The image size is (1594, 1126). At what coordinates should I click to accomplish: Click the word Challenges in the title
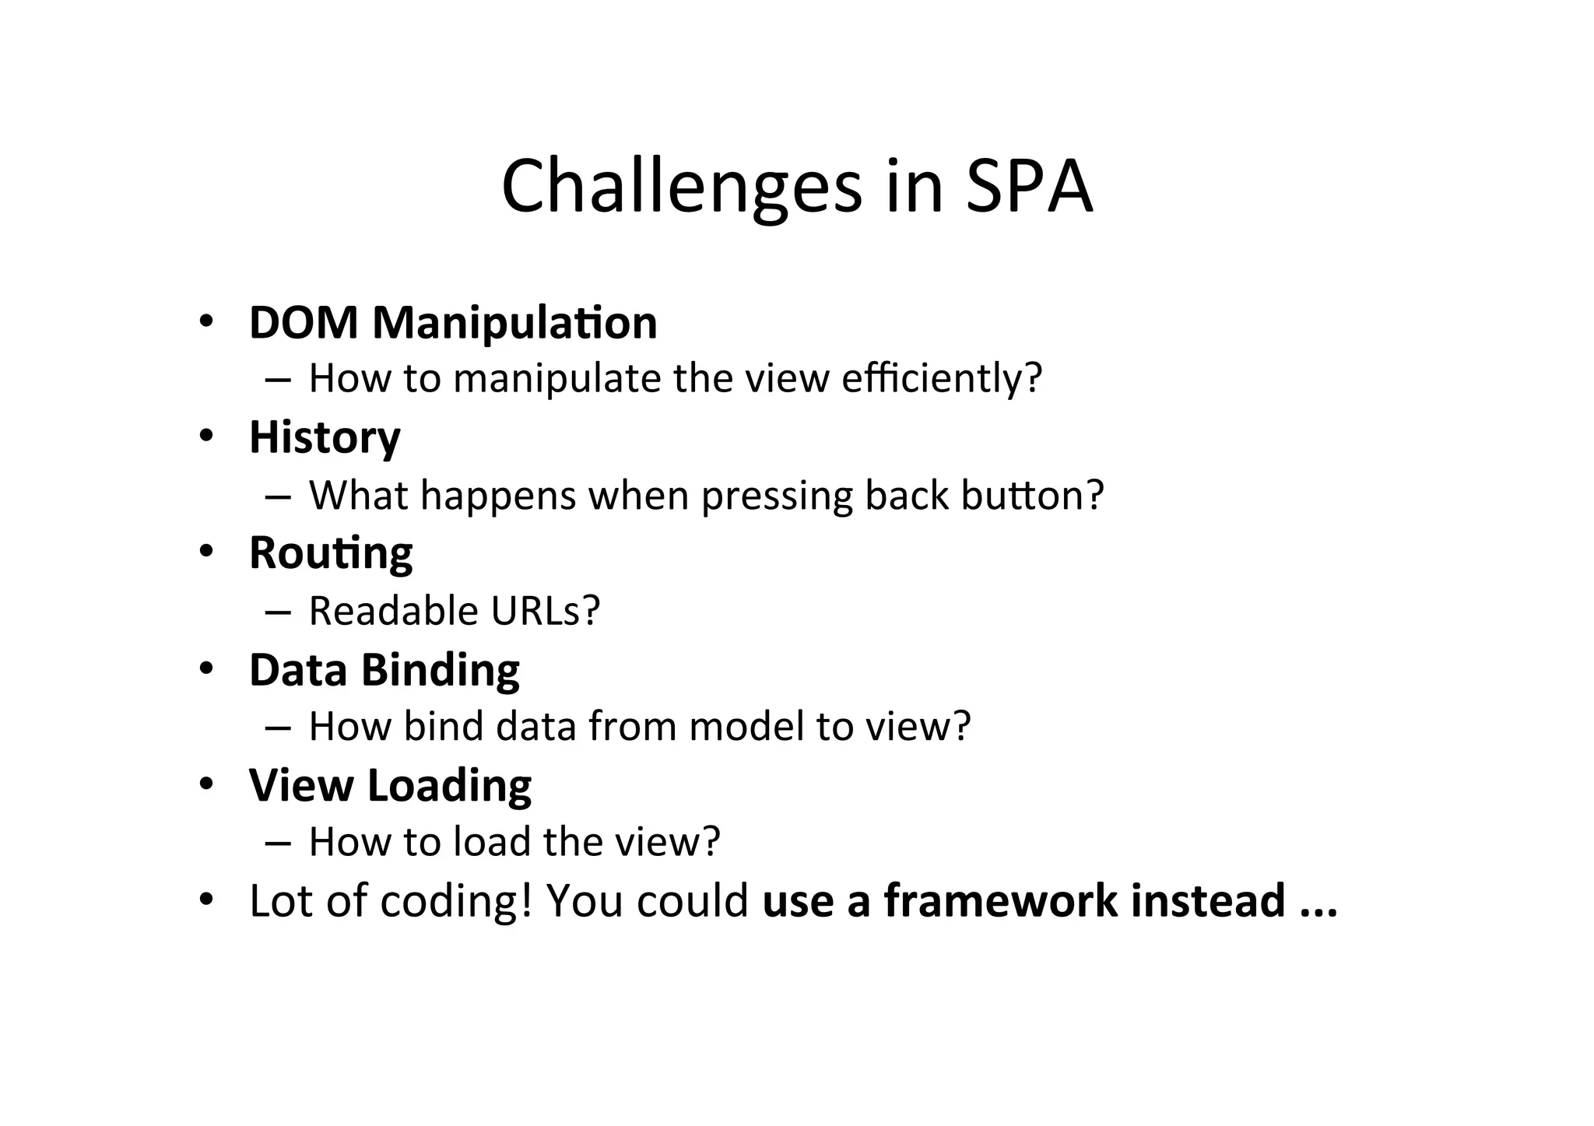[x=682, y=187]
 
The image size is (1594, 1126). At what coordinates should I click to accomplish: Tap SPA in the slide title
[x=1029, y=187]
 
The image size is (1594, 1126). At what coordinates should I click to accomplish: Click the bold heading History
[x=325, y=437]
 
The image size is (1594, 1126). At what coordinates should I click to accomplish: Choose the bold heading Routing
[x=331, y=554]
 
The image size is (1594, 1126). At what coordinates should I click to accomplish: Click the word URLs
[x=546, y=611]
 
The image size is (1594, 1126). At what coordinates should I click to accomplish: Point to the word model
[x=746, y=726]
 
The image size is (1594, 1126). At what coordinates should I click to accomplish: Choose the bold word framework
[x=1000, y=900]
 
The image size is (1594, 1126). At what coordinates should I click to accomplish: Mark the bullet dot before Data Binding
[x=205, y=668]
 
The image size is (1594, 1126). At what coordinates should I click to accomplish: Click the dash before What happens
[x=277, y=496]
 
